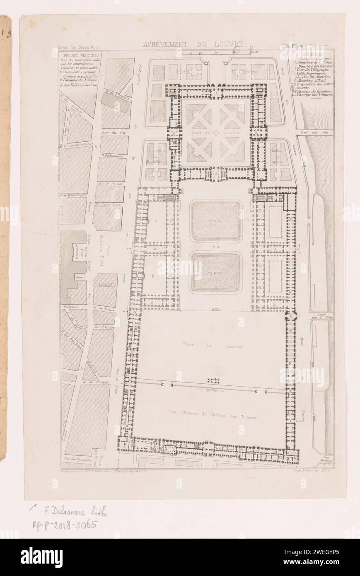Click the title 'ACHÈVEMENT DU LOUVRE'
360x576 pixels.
click(x=193, y=45)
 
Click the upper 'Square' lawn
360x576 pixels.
click(x=215, y=221)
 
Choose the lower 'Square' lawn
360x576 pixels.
click(x=215, y=273)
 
